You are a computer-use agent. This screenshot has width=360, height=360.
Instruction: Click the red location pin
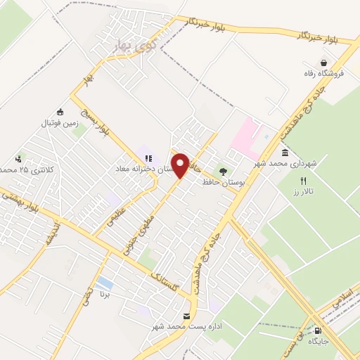click(x=181, y=165)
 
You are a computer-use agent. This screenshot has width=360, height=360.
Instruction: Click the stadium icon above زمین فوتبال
click(x=60, y=111)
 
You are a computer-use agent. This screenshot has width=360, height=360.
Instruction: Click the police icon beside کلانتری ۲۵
click(x=18, y=159)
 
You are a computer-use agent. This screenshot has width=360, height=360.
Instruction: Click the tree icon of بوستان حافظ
click(x=224, y=171)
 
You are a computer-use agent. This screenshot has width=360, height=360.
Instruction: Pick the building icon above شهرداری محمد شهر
click(x=284, y=153)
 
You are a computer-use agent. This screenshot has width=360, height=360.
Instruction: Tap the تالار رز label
click(x=302, y=191)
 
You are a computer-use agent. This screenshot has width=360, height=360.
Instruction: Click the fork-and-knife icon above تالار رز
click(x=303, y=181)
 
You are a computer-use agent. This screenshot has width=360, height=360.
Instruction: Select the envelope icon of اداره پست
click(x=186, y=316)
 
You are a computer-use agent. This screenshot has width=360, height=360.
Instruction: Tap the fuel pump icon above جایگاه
click(x=320, y=331)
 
